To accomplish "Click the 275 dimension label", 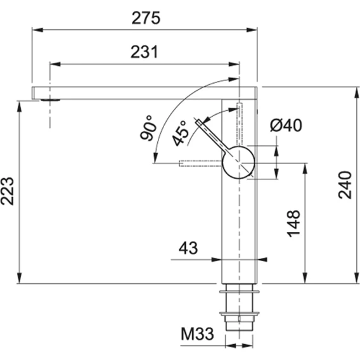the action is (x=146, y=18).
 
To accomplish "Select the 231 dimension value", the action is (x=145, y=52).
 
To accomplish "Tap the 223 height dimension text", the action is (x=7, y=191).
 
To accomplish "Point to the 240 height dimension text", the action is (x=345, y=185).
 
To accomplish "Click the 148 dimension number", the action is (x=293, y=223).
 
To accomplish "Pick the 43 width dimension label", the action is (x=188, y=248).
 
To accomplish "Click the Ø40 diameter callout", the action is (x=286, y=125).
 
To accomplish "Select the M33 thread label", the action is (x=198, y=333).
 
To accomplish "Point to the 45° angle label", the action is (x=180, y=133).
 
